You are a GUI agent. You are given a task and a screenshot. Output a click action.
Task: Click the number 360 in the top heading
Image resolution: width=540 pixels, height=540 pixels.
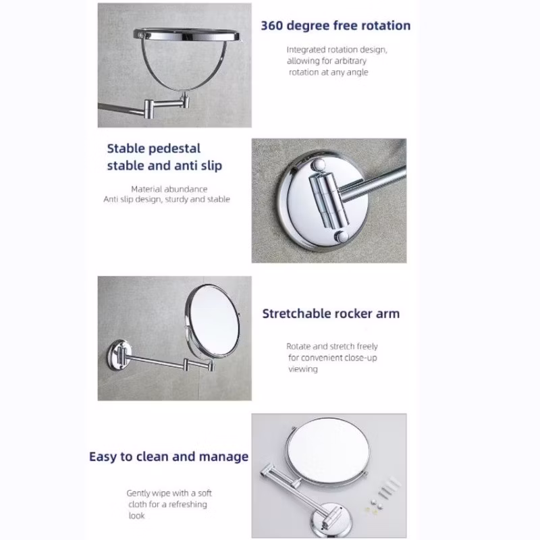pyautogui.click(x=272, y=26)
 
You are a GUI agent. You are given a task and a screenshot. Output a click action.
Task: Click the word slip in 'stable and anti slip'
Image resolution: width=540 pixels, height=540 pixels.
pyautogui.click(x=211, y=165)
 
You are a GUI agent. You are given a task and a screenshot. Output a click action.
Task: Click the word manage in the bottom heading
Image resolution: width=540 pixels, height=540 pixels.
pyautogui.click(x=223, y=457)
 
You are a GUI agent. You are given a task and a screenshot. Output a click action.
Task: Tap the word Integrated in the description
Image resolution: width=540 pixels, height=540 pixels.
pyautogui.click(x=306, y=50)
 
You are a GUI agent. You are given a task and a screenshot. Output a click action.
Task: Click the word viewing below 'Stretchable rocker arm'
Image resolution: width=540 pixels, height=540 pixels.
pyautogui.click(x=303, y=369)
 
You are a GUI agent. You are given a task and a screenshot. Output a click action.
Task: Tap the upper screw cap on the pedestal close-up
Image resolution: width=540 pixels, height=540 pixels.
pyautogui.click(x=318, y=165)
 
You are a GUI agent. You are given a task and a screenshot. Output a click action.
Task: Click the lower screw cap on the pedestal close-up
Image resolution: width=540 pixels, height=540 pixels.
pyautogui.click(x=342, y=237)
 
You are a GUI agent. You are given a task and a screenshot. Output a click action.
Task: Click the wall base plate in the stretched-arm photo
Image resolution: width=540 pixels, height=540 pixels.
pyautogui.click(x=118, y=355)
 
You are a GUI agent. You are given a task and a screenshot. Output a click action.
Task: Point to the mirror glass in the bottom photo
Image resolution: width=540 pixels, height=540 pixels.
pyautogui.click(x=328, y=450)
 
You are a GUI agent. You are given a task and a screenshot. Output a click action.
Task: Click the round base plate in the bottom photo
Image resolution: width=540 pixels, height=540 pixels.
pyautogui.click(x=331, y=519)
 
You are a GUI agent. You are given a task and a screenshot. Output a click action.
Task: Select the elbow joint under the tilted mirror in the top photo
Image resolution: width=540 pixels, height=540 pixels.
pyautogui.click(x=149, y=109)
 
